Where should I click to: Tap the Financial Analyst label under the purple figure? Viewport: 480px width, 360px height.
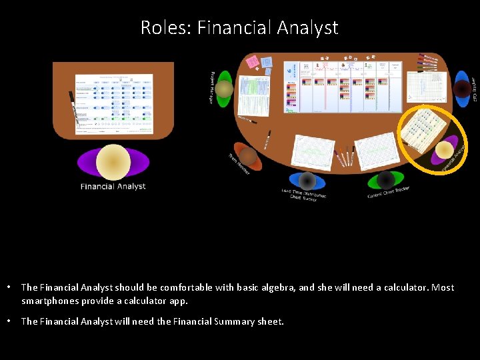113,187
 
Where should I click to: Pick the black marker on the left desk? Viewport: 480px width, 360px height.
74,107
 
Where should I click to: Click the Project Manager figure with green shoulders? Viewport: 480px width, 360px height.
224,89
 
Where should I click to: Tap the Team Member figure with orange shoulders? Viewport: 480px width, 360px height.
248,157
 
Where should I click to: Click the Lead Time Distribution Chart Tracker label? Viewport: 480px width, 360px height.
304,195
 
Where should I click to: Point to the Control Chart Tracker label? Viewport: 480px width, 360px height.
389,193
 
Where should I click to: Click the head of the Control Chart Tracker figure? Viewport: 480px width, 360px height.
385,179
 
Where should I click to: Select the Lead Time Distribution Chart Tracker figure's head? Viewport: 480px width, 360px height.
307,181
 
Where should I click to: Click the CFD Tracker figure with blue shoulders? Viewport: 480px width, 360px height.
462,89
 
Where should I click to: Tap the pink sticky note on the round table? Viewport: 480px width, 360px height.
253,62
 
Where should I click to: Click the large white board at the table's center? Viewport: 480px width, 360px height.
344,85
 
